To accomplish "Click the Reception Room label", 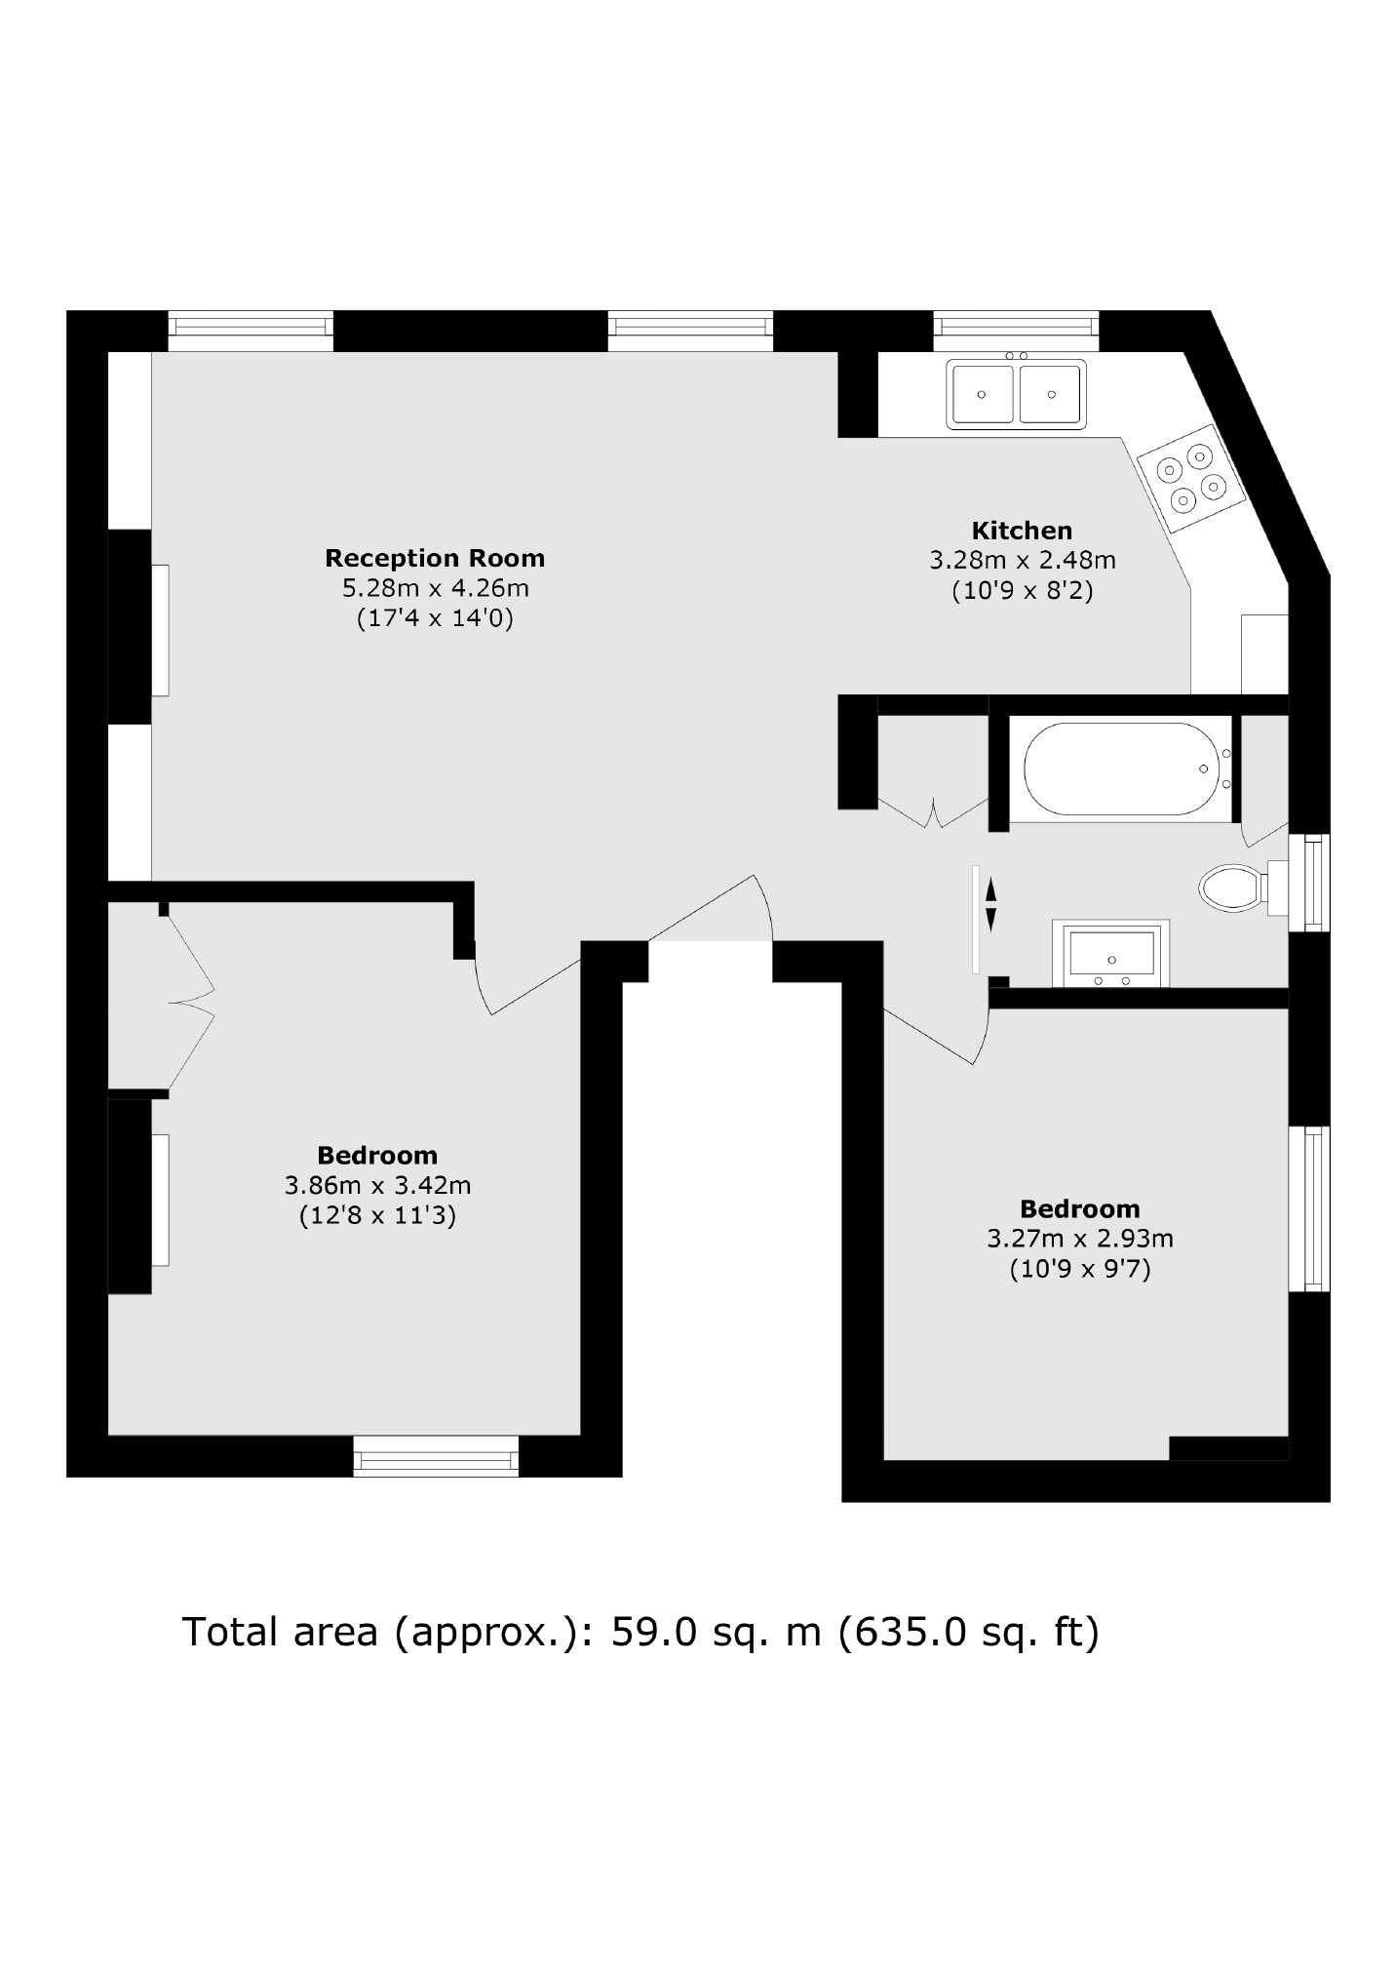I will click(434, 558).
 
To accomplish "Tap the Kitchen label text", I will click(1022, 531).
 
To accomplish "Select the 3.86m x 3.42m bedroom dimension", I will click(377, 1185).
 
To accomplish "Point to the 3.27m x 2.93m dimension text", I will click(1079, 1239).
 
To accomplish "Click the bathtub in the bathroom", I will click(1122, 769).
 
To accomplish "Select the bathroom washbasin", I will click(1111, 953).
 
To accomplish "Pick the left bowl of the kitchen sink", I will click(983, 394).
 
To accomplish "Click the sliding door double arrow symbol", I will click(990, 904).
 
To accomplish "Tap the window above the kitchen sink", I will click(1016, 330).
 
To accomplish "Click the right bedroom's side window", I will click(1308, 1208).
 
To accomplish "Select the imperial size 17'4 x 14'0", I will click(435, 617).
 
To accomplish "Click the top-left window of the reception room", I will click(251, 330).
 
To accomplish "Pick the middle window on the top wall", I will click(690, 330).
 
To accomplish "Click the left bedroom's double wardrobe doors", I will click(191, 1001).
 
